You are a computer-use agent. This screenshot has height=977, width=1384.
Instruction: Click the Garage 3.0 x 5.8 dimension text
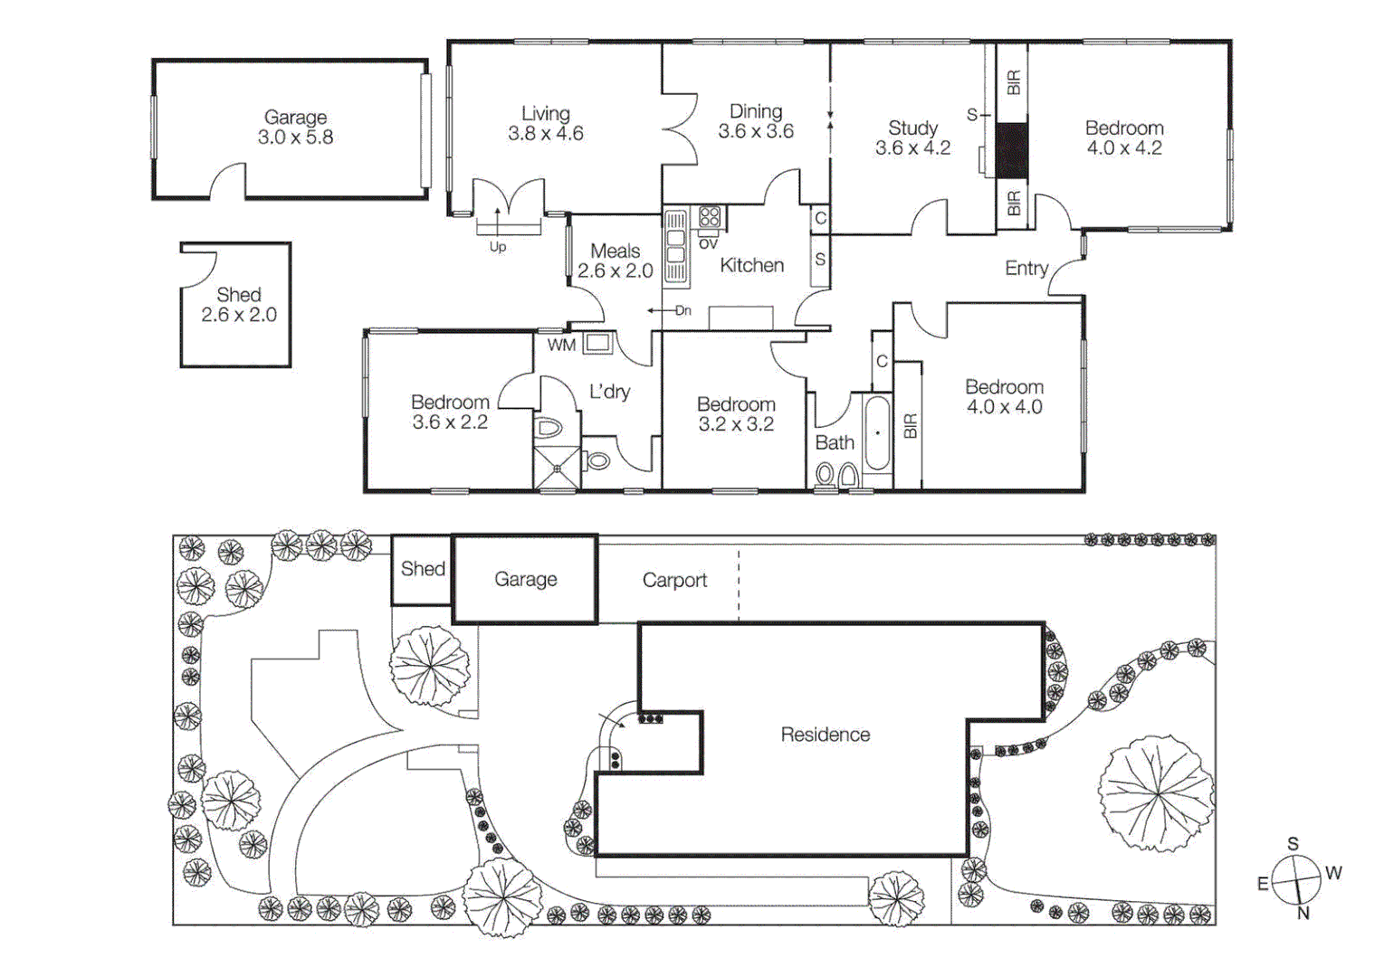click(x=295, y=138)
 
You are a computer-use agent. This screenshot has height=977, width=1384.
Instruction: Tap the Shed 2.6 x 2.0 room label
click(x=239, y=305)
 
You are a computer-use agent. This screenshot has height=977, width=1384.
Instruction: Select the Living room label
click(x=546, y=114)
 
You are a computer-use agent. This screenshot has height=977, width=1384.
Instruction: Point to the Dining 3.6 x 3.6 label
click(x=756, y=121)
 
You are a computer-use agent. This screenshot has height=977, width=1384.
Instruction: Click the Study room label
click(x=912, y=128)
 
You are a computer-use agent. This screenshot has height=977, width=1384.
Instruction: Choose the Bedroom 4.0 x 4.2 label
click(x=1124, y=138)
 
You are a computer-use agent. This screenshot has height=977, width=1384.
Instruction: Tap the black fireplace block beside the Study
click(x=1012, y=150)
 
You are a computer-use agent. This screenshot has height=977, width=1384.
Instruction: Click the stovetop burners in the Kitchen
click(x=710, y=216)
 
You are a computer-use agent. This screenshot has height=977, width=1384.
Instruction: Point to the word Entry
click(x=1026, y=268)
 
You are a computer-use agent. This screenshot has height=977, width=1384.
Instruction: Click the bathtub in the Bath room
click(x=876, y=433)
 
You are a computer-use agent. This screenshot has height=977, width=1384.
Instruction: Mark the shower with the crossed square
click(x=557, y=468)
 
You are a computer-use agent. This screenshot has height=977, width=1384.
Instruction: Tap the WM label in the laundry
click(x=560, y=345)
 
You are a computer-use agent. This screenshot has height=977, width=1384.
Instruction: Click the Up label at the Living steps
click(x=498, y=247)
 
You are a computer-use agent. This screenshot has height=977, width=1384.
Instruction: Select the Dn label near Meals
click(x=682, y=310)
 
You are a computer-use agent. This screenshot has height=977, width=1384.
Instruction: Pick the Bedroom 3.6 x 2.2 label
click(x=450, y=412)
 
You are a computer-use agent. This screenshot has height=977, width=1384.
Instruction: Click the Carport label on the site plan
click(x=674, y=580)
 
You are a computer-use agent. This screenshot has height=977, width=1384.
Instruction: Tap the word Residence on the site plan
click(x=825, y=735)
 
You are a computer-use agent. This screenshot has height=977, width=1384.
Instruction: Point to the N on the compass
click(x=1303, y=914)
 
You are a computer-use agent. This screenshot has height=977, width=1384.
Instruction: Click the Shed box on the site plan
click(x=423, y=569)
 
